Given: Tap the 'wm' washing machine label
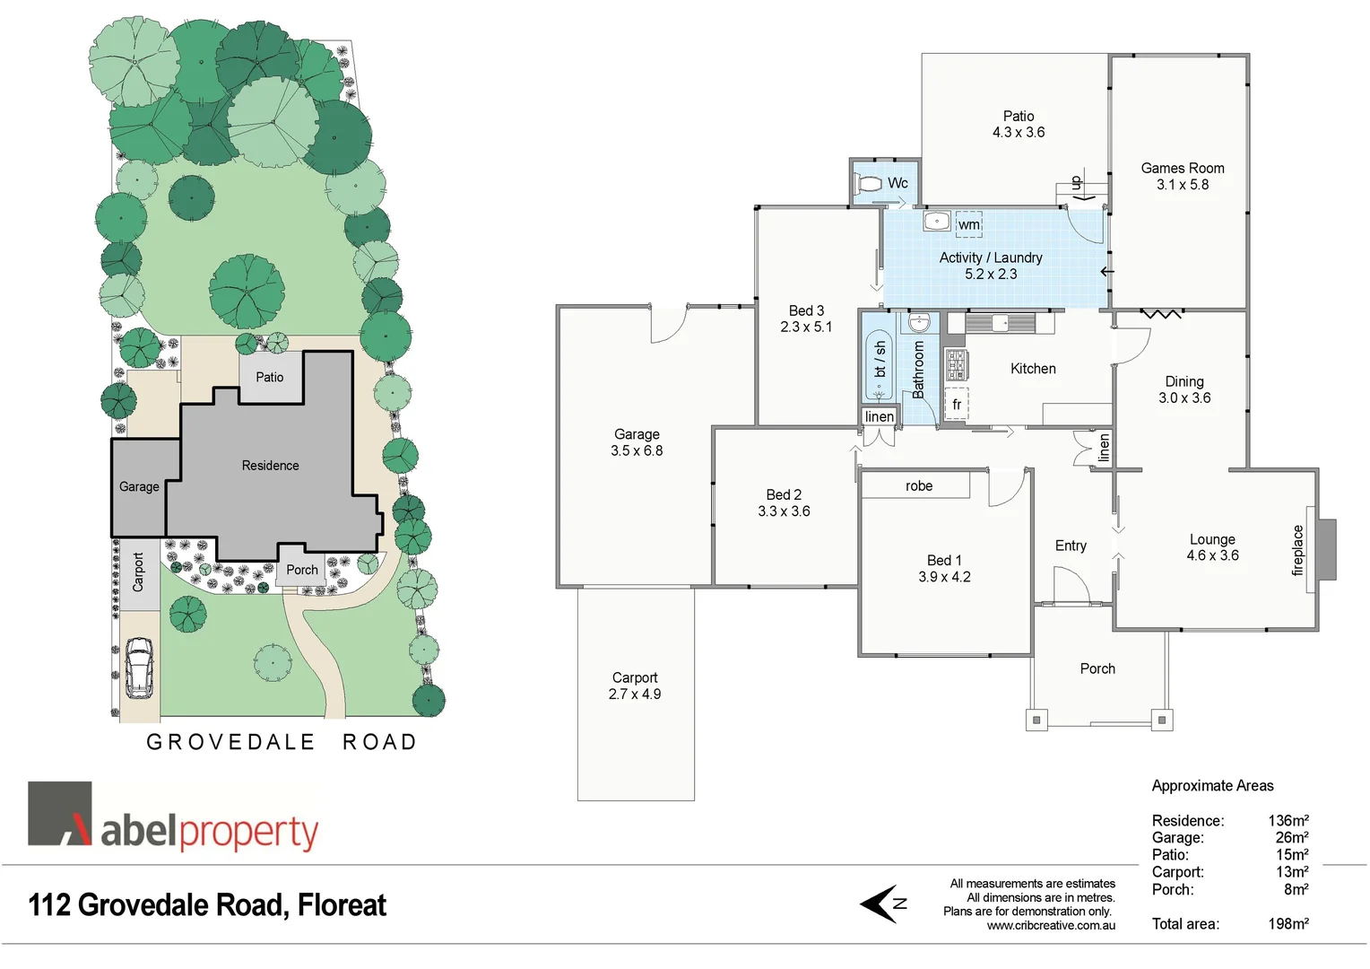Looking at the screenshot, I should [968, 224].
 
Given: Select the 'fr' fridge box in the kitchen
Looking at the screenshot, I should [957, 405].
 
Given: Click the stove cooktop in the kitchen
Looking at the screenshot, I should [956, 363].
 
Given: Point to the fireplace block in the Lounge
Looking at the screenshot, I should [1325, 549].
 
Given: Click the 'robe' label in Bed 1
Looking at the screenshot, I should [919, 486].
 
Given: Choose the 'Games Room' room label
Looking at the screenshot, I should [1182, 169].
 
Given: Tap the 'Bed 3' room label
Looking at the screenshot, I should [806, 311].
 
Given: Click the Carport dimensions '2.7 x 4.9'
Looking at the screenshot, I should [635, 694].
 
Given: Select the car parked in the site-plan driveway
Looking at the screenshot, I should [139, 668].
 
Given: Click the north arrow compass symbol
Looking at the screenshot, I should [882, 904].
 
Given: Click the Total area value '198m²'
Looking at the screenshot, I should [1288, 924].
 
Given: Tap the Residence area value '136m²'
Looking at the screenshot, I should [1288, 821].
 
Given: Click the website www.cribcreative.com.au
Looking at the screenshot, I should [1051, 926].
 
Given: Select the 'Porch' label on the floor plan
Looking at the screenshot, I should [1097, 669].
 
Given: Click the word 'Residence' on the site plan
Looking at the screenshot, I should [270, 466].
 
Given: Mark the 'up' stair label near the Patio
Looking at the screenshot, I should [1077, 183].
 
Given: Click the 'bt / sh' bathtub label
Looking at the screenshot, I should [880, 359].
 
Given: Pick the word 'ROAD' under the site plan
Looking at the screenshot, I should [379, 743].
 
